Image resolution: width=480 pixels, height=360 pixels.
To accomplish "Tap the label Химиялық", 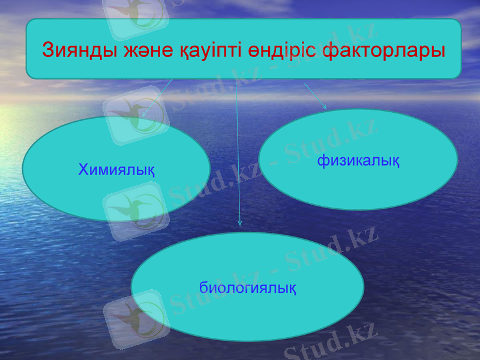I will click(116, 170).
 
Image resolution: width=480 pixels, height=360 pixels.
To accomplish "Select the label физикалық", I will click(359, 160).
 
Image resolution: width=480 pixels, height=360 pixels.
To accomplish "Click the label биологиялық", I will click(247, 287).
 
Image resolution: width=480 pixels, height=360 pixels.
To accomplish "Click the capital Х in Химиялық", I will click(83, 170).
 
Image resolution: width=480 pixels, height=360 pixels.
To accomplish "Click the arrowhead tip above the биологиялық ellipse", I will click(240, 224).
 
